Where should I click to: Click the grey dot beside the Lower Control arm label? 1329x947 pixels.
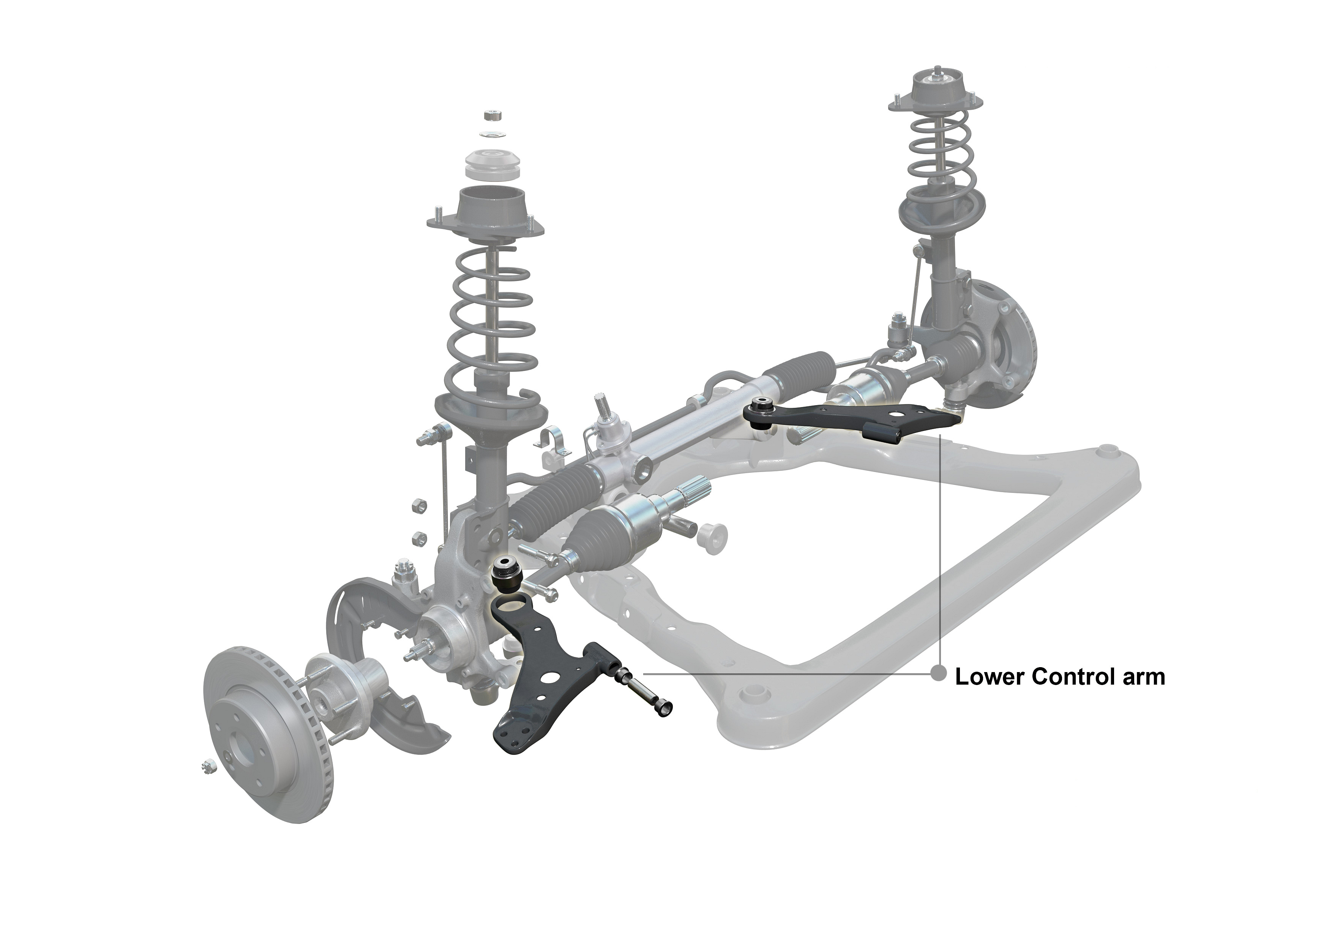(x=938, y=674)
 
